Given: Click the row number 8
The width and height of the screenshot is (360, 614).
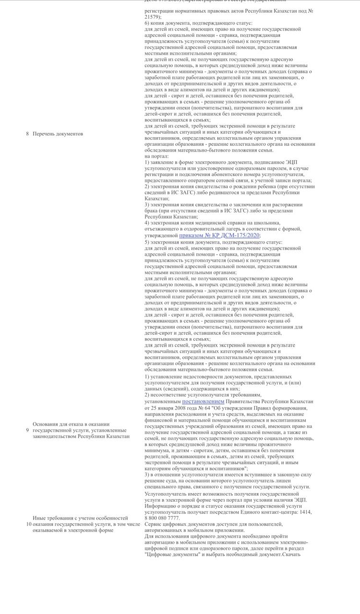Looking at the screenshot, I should click(27, 134).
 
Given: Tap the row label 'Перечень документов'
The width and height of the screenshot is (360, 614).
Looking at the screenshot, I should click(58, 134).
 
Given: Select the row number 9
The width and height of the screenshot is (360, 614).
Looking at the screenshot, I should click(27, 430).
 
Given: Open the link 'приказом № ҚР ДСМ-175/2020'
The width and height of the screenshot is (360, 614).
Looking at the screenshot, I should click(219, 236).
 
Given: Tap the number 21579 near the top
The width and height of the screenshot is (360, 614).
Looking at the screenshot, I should click(152, 17).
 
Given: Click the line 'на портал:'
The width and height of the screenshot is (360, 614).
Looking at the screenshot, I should click(156, 156).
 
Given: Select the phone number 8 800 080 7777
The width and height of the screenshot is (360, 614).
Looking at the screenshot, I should click(162, 518).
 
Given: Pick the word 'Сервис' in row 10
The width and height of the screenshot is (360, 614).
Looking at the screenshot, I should click(154, 524).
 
